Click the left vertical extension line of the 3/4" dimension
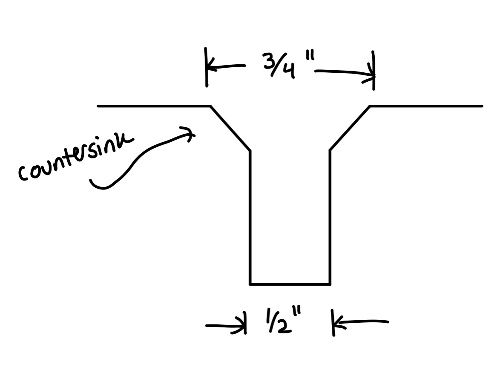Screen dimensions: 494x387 point(207,67)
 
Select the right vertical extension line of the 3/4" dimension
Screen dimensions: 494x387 point(373,70)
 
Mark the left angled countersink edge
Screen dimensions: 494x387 point(231,129)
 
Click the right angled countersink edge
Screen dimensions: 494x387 point(350,128)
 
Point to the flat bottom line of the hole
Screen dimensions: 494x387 point(290,284)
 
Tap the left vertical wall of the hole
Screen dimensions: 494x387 point(250,217)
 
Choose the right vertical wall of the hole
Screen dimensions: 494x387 point(330,217)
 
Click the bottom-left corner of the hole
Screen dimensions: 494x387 point(250,284)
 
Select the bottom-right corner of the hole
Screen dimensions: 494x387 point(330,284)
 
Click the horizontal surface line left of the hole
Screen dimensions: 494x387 point(154,106)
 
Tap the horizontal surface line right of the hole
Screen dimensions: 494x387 point(426,106)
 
